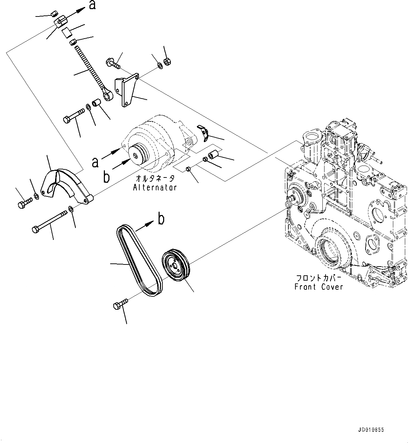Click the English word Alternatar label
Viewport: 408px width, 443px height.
(155, 188)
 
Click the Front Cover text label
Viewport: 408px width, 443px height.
(319, 287)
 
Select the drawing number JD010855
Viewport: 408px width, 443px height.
(372, 430)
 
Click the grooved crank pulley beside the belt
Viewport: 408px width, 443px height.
(176, 265)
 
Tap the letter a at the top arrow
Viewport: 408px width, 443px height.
(92, 5)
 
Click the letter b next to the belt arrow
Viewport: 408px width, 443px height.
(161, 219)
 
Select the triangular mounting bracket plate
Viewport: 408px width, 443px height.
(127, 89)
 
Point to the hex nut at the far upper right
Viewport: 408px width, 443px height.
(168, 62)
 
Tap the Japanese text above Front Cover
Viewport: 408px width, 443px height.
(318, 278)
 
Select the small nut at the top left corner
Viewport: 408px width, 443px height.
(54, 14)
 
